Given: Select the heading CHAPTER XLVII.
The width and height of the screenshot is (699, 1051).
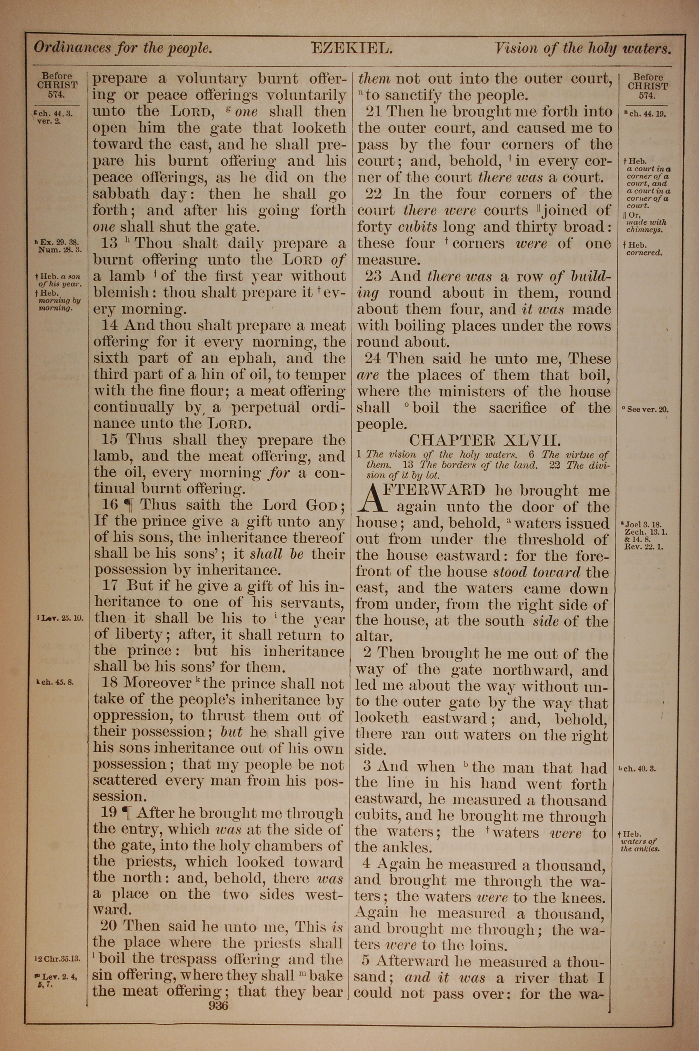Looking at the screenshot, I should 483,441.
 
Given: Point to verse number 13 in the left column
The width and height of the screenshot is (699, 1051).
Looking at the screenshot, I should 109,243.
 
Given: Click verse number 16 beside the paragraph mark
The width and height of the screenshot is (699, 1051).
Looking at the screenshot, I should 110,505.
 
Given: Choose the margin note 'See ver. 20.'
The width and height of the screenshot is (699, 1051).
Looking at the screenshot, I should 645,409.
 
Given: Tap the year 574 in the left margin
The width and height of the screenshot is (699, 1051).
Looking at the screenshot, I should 57,95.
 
